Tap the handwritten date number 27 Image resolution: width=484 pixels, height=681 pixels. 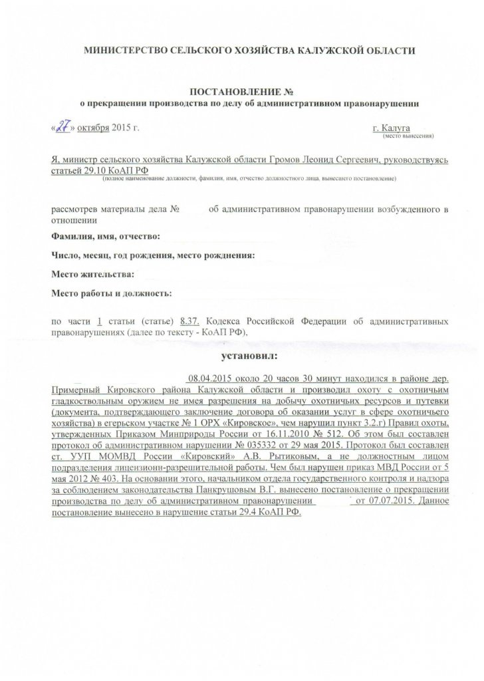click(65, 127)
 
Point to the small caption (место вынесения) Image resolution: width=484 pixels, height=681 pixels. click(407, 136)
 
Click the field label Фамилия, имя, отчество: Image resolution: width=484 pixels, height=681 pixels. click(106, 237)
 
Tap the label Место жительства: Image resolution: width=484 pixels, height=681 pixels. click(93, 273)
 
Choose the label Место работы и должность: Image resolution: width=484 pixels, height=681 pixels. click(111, 293)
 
